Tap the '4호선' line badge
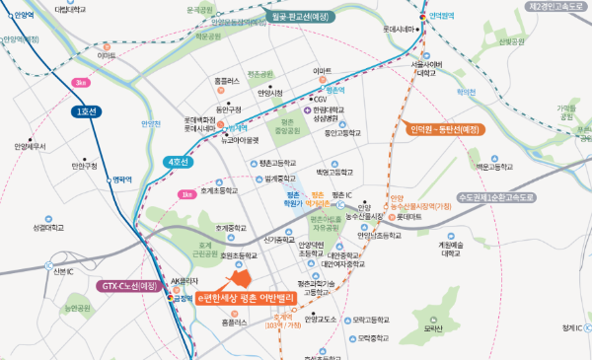click(179, 161)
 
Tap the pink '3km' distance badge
click(80, 83)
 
